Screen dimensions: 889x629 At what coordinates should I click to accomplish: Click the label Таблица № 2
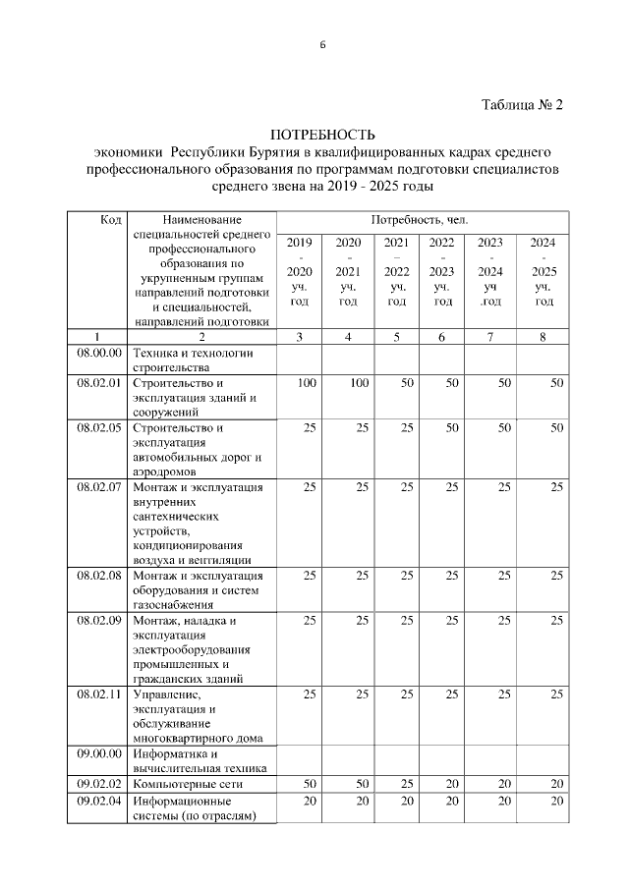pos(522,105)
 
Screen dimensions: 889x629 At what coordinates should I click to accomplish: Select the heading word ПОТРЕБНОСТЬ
pos(323,134)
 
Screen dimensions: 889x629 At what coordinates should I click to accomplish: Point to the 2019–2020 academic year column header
pos(300,271)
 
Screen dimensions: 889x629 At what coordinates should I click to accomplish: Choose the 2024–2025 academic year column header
pos(543,271)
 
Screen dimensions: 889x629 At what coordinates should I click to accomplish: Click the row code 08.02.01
pos(98,382)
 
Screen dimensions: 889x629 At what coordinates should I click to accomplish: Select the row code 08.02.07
pos(98,486)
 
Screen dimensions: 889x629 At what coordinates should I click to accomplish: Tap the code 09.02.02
pos(98,784)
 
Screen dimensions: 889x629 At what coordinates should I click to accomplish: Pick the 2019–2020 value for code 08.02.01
pos(306,382)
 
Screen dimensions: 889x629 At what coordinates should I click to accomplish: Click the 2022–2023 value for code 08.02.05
pos(450,427)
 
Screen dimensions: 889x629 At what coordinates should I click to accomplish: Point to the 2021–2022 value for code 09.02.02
pos(403,784)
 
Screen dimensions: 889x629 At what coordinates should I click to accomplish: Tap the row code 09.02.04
pos(98,801)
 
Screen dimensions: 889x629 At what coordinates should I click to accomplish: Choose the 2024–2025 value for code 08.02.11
pos(556,695)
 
